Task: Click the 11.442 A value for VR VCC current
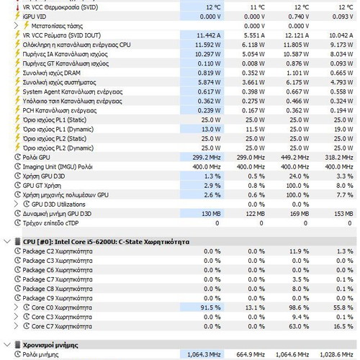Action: pyautogui.click(x=209, y=35)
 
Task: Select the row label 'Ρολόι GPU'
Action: pyautogui.click(x=36, y=158)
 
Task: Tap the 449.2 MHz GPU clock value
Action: pyautogui.click(x=294, y=158)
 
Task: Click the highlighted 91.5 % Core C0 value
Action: pyautogui.click(x=210, y=307)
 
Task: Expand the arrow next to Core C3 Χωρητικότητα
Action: pyautogui.click(x=16, y=317)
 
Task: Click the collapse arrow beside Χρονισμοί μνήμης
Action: pyautogui.click(x=7, y=345)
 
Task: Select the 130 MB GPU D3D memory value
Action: pyautogui.click(x=211, y=214)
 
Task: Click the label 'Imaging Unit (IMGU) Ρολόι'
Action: pyautogui.click(x=58, y=167)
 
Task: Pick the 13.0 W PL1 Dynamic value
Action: pyautogui.click(x=211, y=130)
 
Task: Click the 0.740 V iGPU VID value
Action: pyautogui.click(x=299, y=17)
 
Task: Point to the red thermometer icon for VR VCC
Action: pyautogui.click(x=17, y=7)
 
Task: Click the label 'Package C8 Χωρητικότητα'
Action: pyautogui.click(x=58, y=289)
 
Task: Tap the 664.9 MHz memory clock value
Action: pyautogui.click(x=251, y=354)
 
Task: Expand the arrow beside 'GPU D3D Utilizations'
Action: pyautogui.click(x=16, y=204)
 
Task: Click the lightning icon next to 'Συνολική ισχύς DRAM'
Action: pyautogui.click(x=17, y=72)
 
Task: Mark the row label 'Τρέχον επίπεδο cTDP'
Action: pyautogui.click(x=50, y=223)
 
